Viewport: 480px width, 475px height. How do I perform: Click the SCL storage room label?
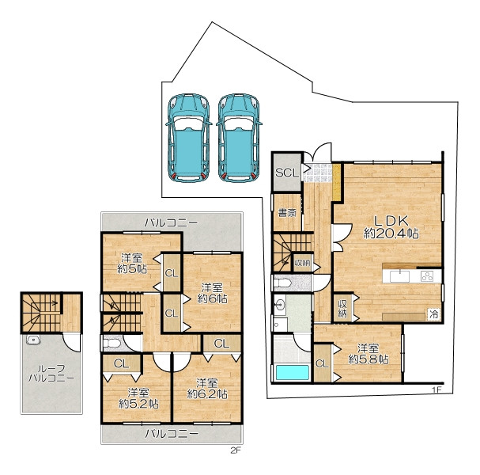click(287, 173)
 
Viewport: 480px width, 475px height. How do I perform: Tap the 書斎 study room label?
click(287, 213)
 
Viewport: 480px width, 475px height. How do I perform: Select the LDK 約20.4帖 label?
click(391, 227)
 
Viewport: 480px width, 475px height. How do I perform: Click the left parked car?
click(188, 138)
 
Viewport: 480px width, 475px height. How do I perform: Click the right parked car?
click(239, 138)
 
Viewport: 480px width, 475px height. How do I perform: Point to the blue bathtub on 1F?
click(292, 372)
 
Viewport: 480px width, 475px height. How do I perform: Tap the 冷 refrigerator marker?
click(434, 313)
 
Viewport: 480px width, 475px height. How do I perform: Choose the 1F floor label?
click(437, 390)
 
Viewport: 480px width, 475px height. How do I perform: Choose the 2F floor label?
click(235, 450)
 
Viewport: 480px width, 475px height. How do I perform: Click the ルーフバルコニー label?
click(51, 373)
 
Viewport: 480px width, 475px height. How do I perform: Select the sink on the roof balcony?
click(33, 340)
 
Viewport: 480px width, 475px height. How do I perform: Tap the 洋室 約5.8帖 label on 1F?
click(369, 354)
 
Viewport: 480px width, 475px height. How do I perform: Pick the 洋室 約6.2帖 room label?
click(207, 389)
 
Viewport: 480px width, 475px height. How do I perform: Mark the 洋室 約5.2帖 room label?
click(138, 398)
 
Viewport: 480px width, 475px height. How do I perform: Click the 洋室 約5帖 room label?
click(132, 264)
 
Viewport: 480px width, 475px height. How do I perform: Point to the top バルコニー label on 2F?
click(171, 222)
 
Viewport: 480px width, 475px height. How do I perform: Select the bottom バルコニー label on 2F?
click(172, 434)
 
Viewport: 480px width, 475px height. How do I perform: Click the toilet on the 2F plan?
click(111, 344)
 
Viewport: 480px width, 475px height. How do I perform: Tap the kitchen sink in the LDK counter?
click(399, 276)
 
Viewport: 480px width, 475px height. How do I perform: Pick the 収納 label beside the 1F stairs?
click(302, 263)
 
